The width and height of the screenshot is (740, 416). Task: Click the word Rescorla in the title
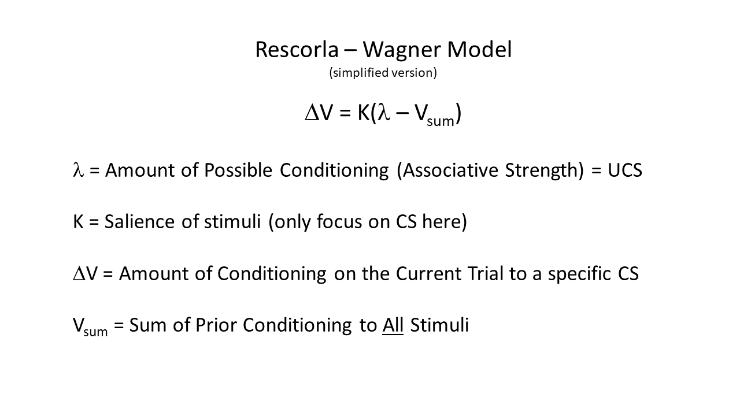click(297, 50)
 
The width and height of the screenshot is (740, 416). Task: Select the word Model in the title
click(479, 50)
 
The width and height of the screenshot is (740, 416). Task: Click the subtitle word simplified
click(361, 73)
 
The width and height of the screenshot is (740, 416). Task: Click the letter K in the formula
click(364, 113)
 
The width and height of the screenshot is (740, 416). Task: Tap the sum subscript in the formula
click(441, 121)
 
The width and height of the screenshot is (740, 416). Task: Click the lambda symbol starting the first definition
click(78, 170)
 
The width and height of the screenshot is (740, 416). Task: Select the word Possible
click(238, 170)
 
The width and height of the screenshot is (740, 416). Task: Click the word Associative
click(450, 170)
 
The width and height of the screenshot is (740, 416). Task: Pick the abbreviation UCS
click(625, 170)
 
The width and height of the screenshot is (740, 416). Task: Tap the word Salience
click(139, 221)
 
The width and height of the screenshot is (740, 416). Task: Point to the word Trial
click(485, 273)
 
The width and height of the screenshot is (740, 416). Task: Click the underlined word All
click(393, 325)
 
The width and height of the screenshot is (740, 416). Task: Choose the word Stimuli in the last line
click(439, 325)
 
